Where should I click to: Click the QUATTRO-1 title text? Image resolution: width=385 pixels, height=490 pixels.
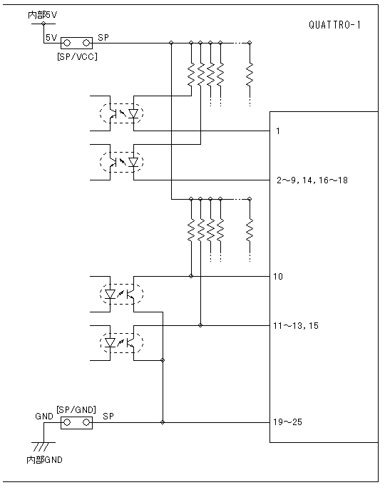[334, 25]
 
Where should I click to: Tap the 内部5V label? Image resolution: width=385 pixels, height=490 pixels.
[43, 15]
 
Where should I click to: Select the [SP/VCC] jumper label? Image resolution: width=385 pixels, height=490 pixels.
[77, 56]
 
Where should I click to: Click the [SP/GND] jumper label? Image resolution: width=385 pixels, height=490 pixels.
[76, 409]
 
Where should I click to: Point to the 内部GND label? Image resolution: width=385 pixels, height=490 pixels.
[45, 460]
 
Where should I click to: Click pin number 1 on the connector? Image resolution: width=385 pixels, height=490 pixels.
[278, 131]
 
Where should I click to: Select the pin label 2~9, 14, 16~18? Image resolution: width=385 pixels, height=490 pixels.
[312, 180]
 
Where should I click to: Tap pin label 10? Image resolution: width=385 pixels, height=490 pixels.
[278, 277]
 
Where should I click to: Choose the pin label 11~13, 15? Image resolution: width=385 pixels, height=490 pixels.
[296, 326]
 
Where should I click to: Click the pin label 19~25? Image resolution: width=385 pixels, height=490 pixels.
[288, 422]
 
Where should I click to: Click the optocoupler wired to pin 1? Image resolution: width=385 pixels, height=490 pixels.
[122, 113]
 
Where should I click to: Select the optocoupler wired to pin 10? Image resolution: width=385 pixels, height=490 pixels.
[122, 294]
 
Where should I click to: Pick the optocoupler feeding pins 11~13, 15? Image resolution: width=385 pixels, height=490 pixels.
[122, 343]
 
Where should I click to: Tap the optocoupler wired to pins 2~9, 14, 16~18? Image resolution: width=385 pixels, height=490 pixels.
[122, 162]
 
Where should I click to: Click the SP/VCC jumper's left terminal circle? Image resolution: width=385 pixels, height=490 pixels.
[67, 43]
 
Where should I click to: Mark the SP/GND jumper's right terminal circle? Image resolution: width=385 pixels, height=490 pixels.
[86, 422]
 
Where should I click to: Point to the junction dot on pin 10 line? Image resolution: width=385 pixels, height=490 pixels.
[191, 276]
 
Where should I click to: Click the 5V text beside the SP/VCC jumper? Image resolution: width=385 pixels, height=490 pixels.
[51, 38]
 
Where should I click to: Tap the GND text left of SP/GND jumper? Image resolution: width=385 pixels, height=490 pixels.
[44, 417]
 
